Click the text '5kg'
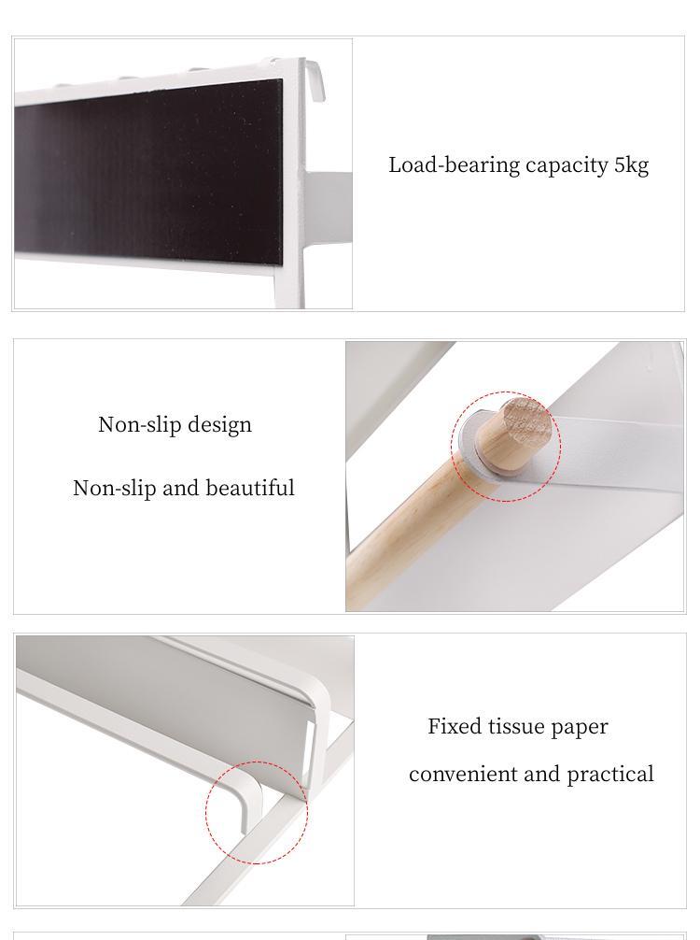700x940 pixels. click(x=631, y=165)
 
